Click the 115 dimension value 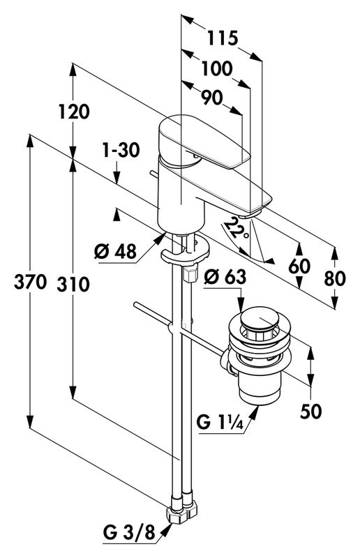pyautogui.click(x=223, y=38)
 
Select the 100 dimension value pyautogui.click(x=217, y=68)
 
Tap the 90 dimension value pyautogui.click(x=212, y=97)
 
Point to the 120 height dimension pyautogui.click(x=74, y=112)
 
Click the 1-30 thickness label pyautogui.click(x=121, y=151)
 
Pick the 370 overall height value pyautogui.click(x=30, y=282)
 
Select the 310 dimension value pyautogui.click(x=73, y=285)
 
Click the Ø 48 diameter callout pyautogui.click(x=115, y=252)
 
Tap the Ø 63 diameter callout pyautogui.click(x=225, y=276)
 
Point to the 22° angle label pyautogui.click(x=237, y=229)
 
